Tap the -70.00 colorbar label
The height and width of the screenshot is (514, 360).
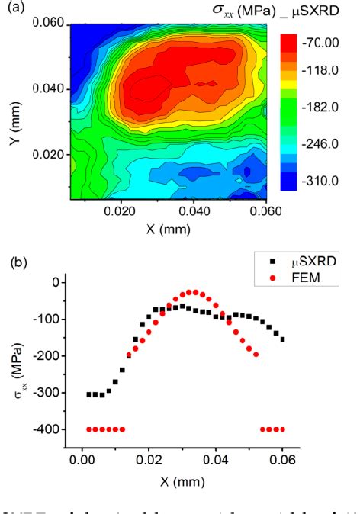pyautogui.click(x=320, y=43)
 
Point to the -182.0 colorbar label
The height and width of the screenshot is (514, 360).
pyautogui.click(x=320, y=108)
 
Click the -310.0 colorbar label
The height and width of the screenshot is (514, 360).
pyautogui.click(x=320, y=182)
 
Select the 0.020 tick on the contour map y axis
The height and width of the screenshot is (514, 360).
pyautogui.click(x=52, y=154)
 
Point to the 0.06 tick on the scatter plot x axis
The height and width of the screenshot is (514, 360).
pyautogui.click(x=283, y=470)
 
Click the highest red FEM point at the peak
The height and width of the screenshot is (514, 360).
pyautogui.click(x=194, y=292)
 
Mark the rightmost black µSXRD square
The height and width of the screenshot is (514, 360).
pyautogui.click(x=282, y=339)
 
